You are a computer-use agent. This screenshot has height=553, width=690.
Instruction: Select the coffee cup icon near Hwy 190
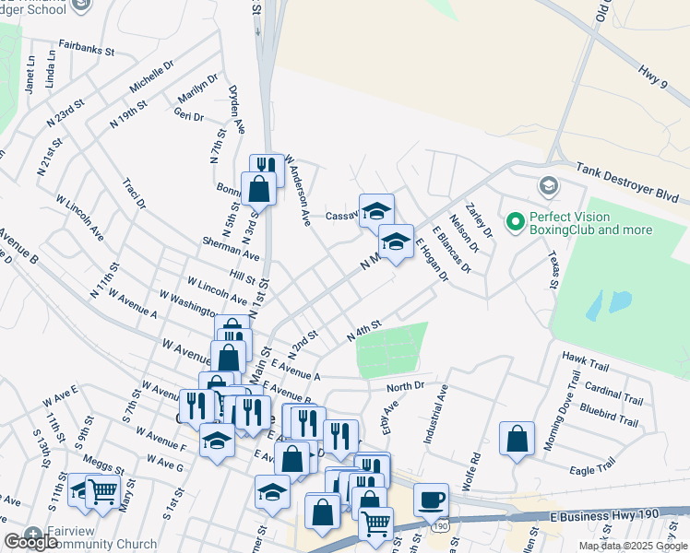[431, 500]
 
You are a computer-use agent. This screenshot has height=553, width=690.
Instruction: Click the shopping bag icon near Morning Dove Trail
[517, 439]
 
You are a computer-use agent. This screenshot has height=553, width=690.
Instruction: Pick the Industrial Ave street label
[434, 416]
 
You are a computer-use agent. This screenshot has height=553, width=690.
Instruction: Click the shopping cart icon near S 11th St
[101, 489]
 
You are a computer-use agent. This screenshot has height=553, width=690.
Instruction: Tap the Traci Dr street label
[135, 191]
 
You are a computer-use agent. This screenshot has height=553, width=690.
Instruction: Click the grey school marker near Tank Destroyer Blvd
[548, 186]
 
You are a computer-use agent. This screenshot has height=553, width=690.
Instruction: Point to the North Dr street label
[405, 385]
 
